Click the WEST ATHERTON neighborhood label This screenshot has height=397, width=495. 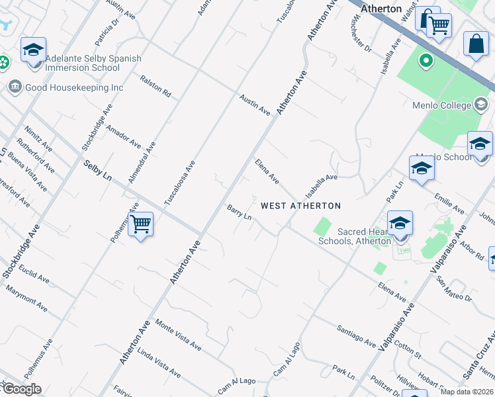[300, 206]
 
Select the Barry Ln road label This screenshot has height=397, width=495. [240, 212]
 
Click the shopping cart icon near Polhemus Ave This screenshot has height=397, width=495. [140, 225]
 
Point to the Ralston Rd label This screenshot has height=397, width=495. [156, 87]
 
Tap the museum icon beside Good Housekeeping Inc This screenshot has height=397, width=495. [15, 87]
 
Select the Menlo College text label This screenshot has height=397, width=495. [450, 103]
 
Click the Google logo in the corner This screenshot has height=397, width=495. [21, 389]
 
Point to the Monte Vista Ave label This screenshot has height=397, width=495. [178, 335]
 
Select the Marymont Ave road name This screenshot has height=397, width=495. [26, 298]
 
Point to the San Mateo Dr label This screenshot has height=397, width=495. [454, 289]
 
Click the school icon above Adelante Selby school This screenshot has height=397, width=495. [33, 50]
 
